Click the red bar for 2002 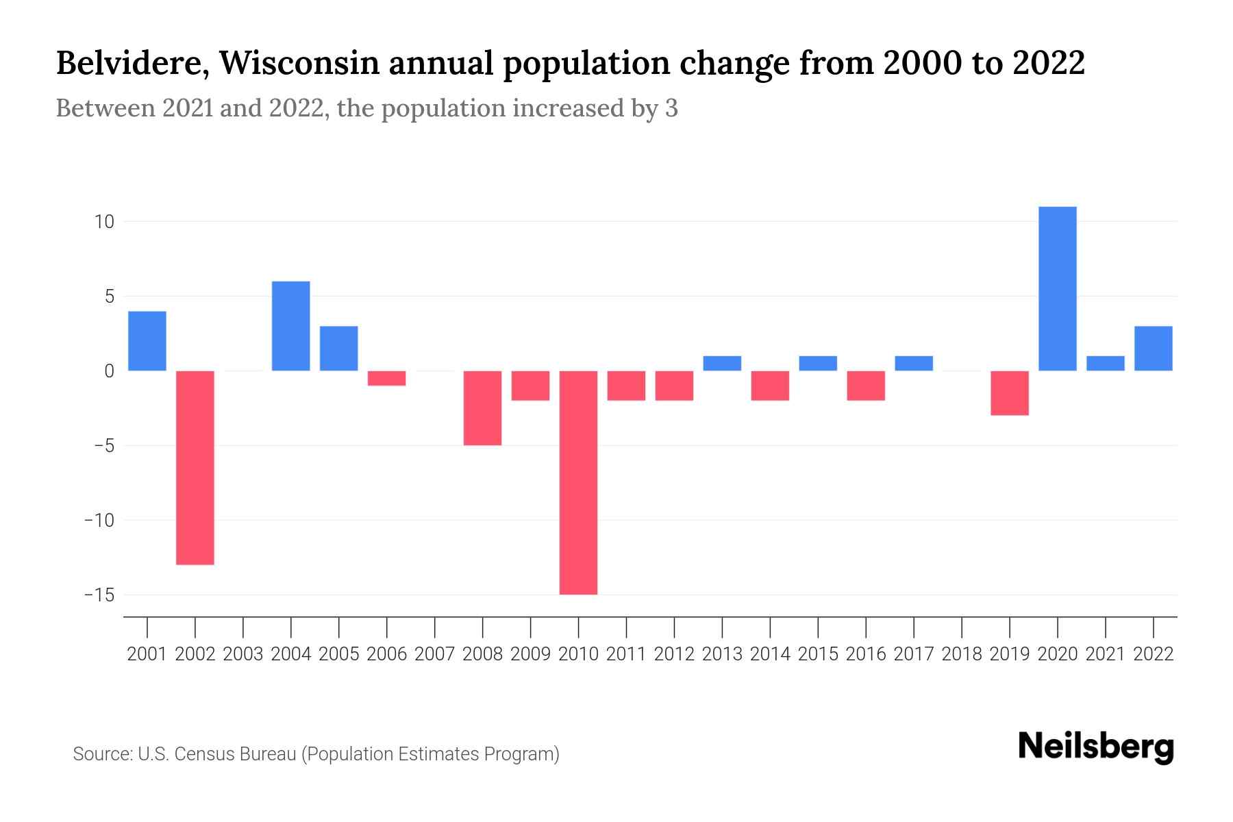click(x=195, y=467)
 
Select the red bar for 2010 click(x=578, y=482)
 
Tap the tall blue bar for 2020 click(x=1058, y=288)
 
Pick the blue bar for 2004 click(x=291, y=326)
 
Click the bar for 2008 click(x=483, y=408)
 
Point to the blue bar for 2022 click(x=1154, y=348)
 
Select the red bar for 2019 click(x=1010, y=393)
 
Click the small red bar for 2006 click(x=387, y=378)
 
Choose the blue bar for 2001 click(x=147, y=341)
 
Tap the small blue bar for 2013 click(x=722, y=363)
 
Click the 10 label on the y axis click(x=105, y=222)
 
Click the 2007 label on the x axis click(x=435, y=654)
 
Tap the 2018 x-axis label click(x=962, y=654)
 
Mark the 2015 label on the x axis click(x=818, y=654)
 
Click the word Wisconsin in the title click(x=299, y=63)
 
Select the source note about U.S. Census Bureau click(x=316, y=754)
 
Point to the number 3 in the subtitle click(x=671, y=108)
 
